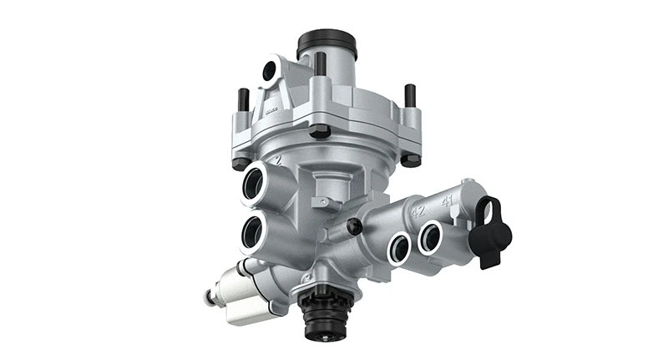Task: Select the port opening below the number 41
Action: coord(431,236)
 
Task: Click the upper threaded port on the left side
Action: coord(254,181)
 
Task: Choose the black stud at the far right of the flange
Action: coord(410,96)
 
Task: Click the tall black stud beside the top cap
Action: coord(320,64)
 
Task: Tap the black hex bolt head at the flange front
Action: coord(318,131)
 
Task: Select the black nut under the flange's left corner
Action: coord(241,163)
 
